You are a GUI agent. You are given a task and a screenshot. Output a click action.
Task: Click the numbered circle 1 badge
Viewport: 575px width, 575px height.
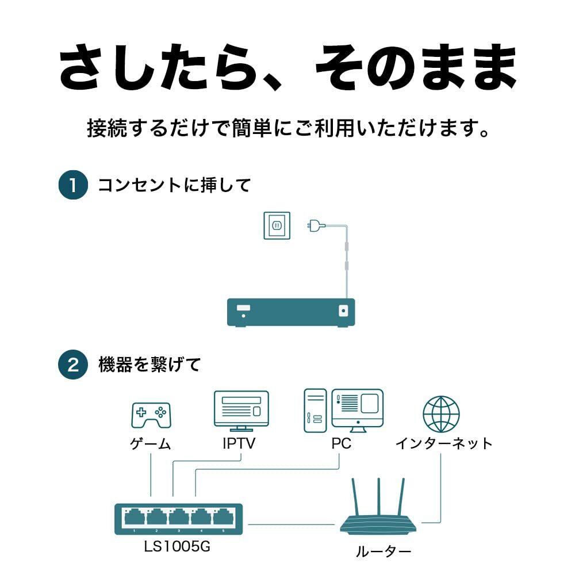[x=73, y=186]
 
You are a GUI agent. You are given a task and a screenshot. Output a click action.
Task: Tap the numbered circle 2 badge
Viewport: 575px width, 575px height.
[x=73, y=365]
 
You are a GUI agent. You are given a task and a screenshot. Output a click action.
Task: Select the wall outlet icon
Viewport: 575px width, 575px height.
[x=277, y=225]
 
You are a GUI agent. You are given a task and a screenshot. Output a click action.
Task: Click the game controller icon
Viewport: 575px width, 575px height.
[x=151, y=415]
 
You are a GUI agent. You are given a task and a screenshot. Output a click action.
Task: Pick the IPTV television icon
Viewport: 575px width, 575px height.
[x=241, y=410]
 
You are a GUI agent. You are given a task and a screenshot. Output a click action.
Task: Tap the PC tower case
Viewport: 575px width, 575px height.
[x=315, y=411]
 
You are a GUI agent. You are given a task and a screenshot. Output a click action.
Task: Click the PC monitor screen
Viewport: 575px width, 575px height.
[x=357, y=405]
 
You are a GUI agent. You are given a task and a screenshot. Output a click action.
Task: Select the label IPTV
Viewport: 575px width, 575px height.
[x=239, y=444]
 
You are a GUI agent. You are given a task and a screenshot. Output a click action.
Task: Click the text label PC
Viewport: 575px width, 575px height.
[x=341, y=444]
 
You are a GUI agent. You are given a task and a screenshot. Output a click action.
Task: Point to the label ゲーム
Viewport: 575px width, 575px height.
[x=150, y=444]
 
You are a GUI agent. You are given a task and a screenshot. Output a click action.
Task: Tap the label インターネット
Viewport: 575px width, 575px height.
[x=443, y=444]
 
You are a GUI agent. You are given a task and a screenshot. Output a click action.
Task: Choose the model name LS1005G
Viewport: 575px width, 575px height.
[x=178, y=546]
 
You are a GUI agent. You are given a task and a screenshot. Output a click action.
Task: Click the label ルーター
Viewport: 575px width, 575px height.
[x=383, y=553]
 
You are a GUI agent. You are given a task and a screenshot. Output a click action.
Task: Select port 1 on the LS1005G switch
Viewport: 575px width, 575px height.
[x=134, y=517]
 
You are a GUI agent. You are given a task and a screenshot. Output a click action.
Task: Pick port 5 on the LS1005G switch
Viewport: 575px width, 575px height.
[x=223, y=517]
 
